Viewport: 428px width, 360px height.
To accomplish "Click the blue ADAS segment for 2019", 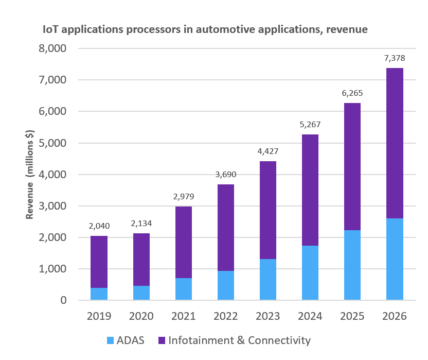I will (x=99, y=294).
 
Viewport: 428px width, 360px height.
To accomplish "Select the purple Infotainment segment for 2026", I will (x=394, y=143).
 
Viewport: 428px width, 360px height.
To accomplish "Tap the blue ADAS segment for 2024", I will (x=310, y=273).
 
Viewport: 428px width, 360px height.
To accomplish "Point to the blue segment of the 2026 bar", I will (x=394, y=259).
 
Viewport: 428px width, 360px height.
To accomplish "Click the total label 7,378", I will (x=394, y=58).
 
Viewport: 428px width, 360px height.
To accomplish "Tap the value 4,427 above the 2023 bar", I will (x=267, y=151).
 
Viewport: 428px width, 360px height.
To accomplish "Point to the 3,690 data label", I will (x=225, y=175).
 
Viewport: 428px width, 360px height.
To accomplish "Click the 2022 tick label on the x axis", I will (x=225, y=316).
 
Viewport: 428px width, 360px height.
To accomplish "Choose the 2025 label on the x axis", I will (x=352, y=316).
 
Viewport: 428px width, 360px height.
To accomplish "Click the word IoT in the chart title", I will (x=51, y=29).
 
